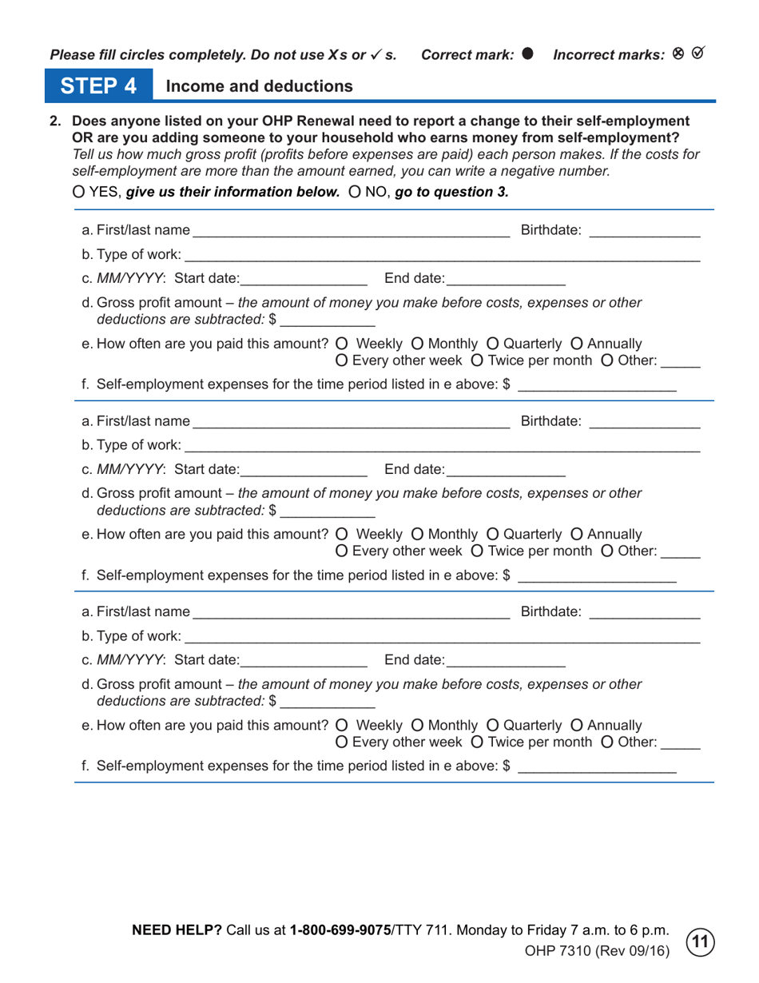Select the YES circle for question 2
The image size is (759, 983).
coord(77,193)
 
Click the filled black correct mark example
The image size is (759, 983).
coord(527,54)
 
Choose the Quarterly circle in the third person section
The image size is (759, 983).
coord(491,725)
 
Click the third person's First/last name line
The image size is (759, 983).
coord(351,613)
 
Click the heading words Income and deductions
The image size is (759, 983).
coord(259,86)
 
